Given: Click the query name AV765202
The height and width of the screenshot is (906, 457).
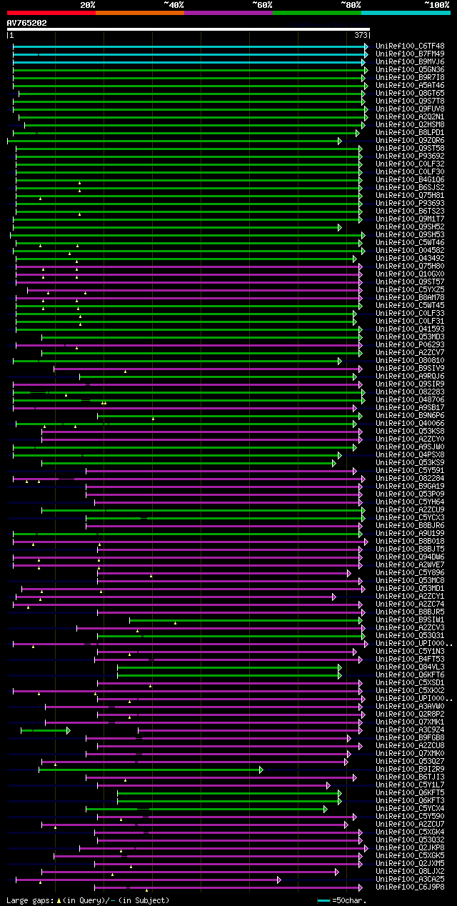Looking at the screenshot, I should click(27, 23).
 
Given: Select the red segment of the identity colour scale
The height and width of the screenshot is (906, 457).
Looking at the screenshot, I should click(51, 12).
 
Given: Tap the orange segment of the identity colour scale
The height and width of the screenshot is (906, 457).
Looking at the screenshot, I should click(139, 12).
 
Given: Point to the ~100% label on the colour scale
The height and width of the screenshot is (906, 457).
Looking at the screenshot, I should click(436, 4).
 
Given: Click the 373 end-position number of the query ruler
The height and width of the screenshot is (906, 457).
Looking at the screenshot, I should click(361, 35).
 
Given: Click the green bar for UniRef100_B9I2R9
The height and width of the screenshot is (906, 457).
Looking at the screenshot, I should click(150, 769).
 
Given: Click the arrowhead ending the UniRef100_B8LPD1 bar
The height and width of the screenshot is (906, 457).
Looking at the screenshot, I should click(358, 132).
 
